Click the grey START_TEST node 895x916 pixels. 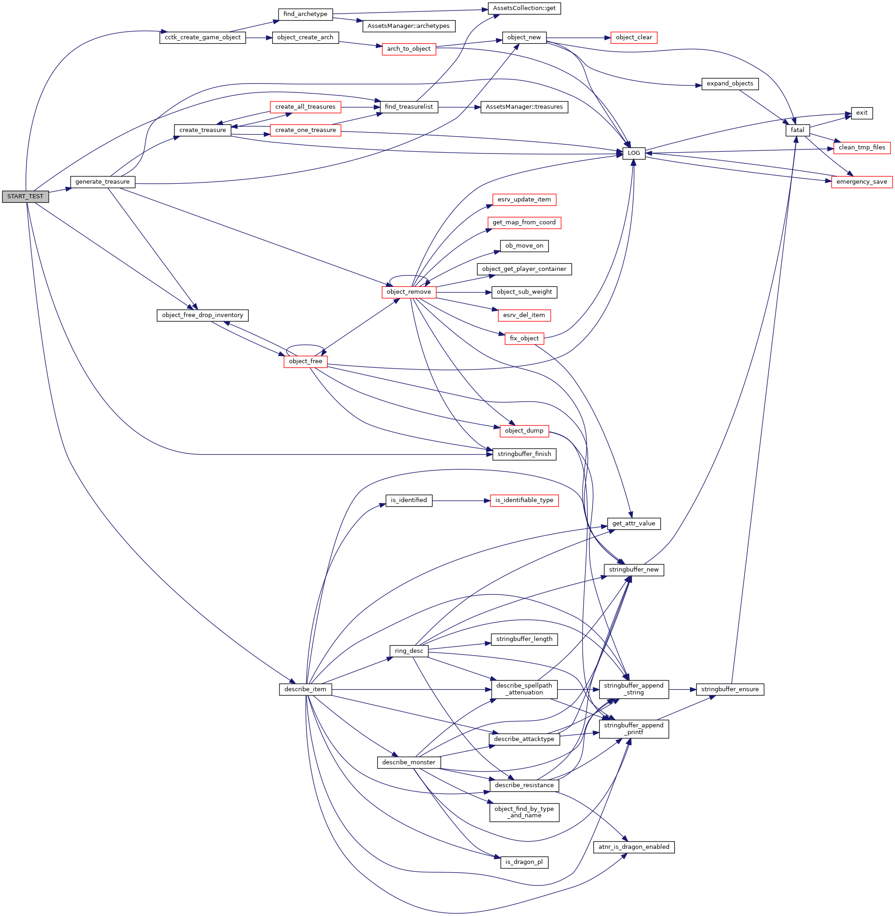pyautogui.click(x=26, y=196)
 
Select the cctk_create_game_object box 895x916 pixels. pyautogui.click(x=203, y=37)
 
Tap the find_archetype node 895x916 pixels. pyautogui.click(x=305, y=14)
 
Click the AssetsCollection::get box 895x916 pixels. pyautogui.click(x=524, y=9)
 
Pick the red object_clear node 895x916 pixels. pyautogui.click(x=634, y=37)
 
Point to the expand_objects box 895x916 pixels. pyautogui.click(x=730, y=84)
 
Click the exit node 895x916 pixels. pyautogui.click(x=862, y=113)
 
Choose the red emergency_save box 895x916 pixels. pyautogui.click(x=862, y=182)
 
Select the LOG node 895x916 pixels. pyautogui.click(x=634, y=154)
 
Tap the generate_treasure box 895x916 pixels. pyautogui.click(x=102, y=182)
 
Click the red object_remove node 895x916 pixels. pyautogui.click(x=409, y=292)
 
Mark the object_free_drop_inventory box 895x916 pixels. pyautogui.click(x=202, y=315)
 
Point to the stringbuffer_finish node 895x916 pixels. pyautogui.click(x=524, y=454)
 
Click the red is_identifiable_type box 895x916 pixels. pyautogui.click(x=524, y=500)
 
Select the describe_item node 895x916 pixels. pyautogui.click(x=305, y=689)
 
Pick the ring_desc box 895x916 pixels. pyautogui.click(x=409, y=651)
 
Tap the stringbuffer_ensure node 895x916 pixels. pyautogui.click(x=730, y=689)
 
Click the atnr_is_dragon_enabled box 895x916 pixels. pyautogui.click(x=634, y=847)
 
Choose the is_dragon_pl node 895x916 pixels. pyautogui.click(x=524, y=862)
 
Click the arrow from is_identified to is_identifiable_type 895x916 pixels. pyautogui.click(x=461, y=500)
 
